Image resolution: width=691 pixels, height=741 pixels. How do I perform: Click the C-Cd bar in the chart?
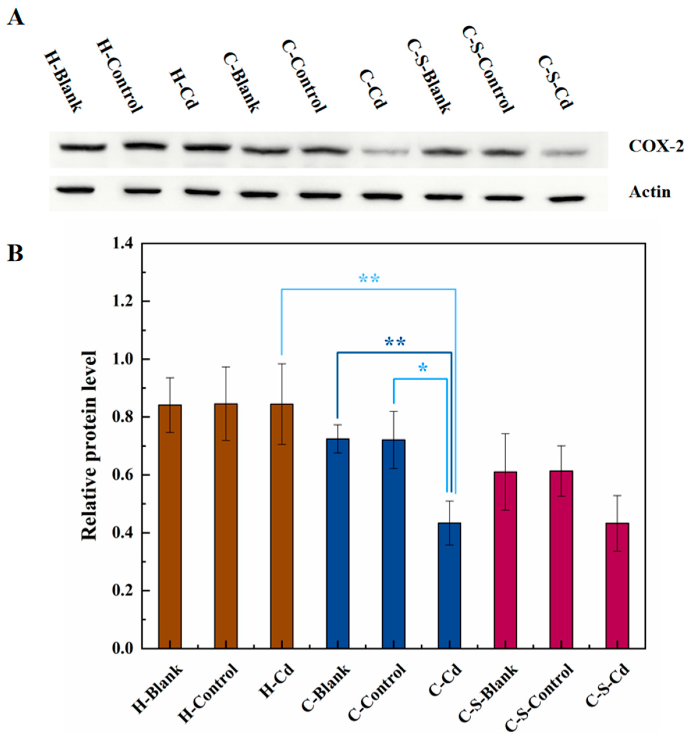pos(449,585)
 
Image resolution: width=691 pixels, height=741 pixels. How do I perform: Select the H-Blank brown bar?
pos(170,526)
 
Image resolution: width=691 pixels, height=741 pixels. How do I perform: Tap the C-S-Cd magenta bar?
pos(617,585)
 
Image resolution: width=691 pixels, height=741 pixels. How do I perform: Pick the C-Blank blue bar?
pos(338,542)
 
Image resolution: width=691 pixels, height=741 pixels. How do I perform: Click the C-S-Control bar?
pos(561,559)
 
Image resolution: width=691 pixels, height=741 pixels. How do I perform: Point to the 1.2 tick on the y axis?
pos(124,301)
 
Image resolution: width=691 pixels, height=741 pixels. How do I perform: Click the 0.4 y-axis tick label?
pos(124,533)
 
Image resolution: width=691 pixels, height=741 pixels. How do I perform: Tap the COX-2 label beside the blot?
pos(656,146)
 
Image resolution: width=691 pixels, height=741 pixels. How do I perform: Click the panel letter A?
pos(16,17)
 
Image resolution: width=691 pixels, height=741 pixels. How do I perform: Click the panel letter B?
pos(15,253)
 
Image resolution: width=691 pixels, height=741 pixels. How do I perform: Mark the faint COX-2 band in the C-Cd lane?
pos(386,152)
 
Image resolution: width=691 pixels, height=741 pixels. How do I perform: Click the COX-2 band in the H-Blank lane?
pos(83,148)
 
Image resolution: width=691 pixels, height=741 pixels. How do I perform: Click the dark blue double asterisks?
pos(395,342)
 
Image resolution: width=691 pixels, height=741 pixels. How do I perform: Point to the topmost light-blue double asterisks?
pos(369,278)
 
